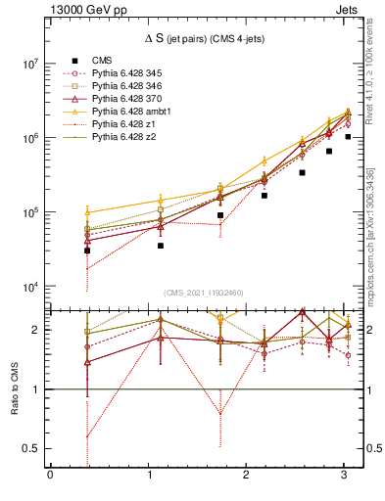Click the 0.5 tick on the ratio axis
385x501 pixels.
[33, 448]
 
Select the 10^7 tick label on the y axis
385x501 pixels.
[28, 64]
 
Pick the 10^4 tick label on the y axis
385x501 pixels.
[28, 287]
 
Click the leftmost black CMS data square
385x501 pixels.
[87, 250]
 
